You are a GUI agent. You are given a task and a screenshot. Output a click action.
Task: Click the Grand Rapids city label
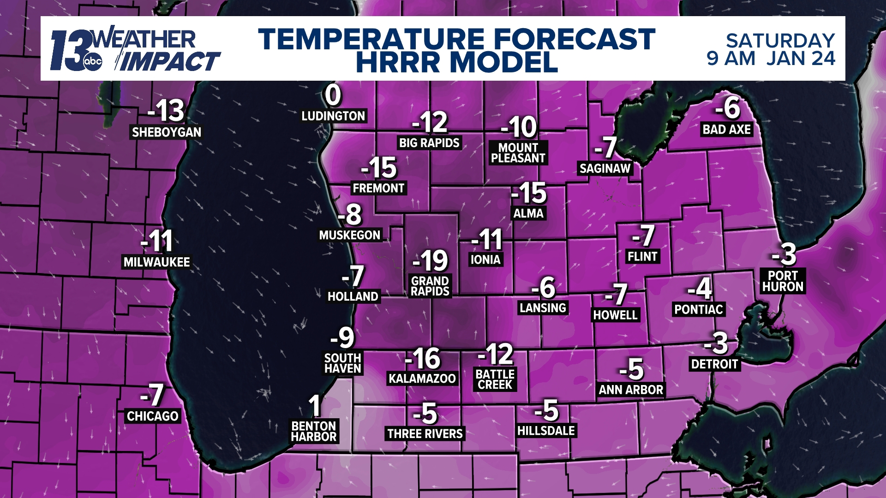[x=430, y=286]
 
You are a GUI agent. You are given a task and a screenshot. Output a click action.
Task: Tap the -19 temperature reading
[x=431, y=261]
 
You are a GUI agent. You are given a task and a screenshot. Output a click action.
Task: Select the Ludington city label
[x=333, y=116]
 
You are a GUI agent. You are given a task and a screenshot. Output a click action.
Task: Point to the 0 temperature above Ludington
[x=333, y=95]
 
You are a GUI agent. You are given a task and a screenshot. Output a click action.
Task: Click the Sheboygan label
[x=167, y=132]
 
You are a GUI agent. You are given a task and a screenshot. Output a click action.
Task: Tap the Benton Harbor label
[x=314, y=432]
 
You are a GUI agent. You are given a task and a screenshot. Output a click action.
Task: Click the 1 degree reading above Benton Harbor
[x=315, y=406]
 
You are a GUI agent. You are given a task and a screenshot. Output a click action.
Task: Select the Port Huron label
[x=783, y=281]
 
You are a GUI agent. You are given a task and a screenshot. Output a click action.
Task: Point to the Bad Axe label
[x=727, y=130]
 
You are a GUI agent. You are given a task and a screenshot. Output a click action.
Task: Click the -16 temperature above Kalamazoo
[x=423, y=358]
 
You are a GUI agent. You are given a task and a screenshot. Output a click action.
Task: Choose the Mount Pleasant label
[x=518, y=153]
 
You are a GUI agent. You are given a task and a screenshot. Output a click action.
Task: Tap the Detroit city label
[x=714, y=364]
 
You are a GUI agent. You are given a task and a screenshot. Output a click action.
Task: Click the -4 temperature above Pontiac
[x=700, y=289]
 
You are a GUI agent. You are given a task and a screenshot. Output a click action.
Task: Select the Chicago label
[x=153, y=416]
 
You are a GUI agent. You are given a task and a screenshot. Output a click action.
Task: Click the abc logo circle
[x=92, y=62]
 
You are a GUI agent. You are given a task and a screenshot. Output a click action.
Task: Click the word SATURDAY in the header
[x=780, y=41]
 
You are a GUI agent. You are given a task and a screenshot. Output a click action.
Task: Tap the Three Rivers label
[x=425, y=434]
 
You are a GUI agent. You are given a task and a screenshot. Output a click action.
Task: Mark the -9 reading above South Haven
[x=342, y=338]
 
